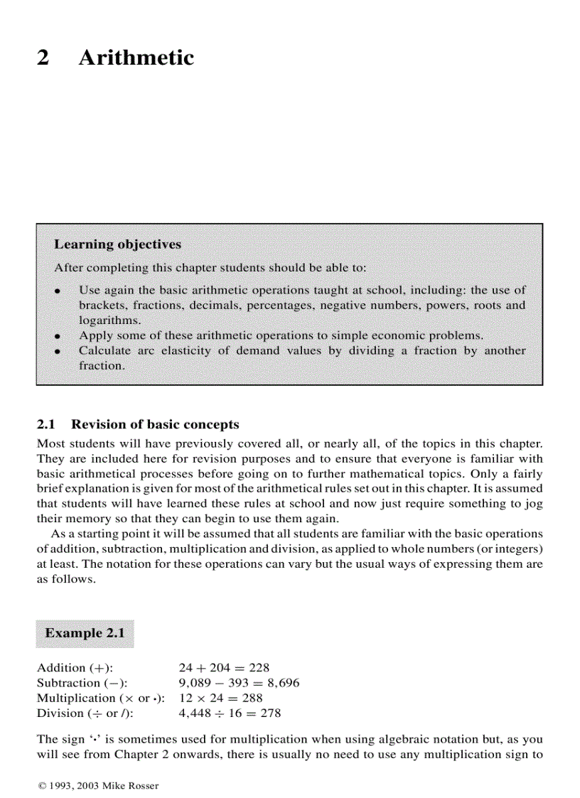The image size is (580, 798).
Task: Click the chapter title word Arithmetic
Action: [x=136, y=58]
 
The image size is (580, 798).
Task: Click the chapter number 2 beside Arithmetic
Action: [x=43, y=58]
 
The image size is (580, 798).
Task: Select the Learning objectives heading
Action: [x=117, y=244]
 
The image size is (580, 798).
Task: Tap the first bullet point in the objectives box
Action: [x=58, y=291]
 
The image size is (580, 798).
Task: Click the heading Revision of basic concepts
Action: [x=155, y=425]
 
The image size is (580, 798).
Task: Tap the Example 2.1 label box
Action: [x=85, y=632]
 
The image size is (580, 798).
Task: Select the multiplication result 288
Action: [x=252, y=698]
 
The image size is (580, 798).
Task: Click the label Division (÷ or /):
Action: [x=85, y=713]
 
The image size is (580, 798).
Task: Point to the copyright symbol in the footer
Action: [x=41, y=785]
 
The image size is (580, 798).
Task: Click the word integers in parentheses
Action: [x=514, y=549]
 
